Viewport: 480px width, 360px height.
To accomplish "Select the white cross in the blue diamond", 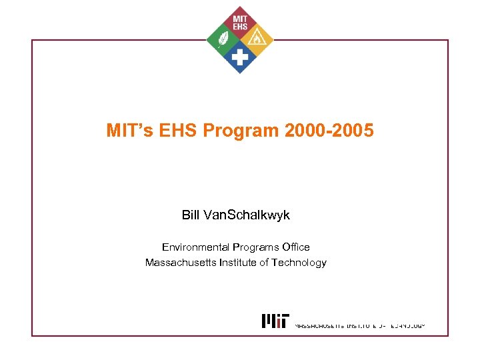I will click(239, 59).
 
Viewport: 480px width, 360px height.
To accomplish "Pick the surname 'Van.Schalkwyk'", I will click(246, 215).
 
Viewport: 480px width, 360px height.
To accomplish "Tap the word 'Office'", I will click(296, 247).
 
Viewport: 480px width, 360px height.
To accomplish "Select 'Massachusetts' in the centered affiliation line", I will click(176, 263).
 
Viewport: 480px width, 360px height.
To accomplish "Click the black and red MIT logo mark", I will click(275, 321).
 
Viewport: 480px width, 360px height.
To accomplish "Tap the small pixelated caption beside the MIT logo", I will click(359, 326).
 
